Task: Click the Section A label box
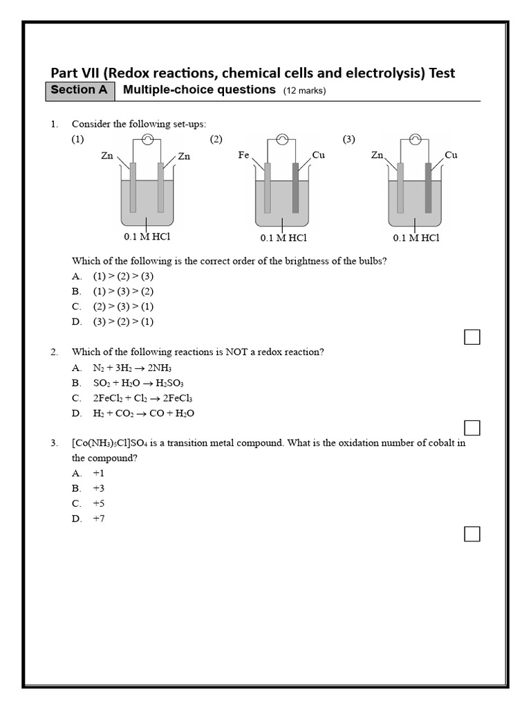tap(80, 91)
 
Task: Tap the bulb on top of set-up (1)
tap(147, 139)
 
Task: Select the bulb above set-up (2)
tap(281, 139)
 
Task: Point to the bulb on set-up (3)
tap(415, 139)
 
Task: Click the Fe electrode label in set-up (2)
tap(243, 155)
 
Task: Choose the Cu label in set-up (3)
tap(451, 155)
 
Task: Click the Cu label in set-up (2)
tap(318, 155)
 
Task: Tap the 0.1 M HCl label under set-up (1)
tap(147, 237)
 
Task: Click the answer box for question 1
tap(472, 337)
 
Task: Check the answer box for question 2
tap(472, 428)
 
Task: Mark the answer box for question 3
tap(472, 534)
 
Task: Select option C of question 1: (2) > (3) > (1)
tap(123, 306)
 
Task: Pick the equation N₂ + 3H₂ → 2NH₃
tap(132, 368)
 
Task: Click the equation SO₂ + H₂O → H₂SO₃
tap(138, 383)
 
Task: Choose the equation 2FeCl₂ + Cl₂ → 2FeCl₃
tap(142, 398)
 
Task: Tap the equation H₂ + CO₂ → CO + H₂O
tap(144, 413)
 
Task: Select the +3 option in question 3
tap(99, 488)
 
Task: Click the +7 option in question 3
tap(99, 519)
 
